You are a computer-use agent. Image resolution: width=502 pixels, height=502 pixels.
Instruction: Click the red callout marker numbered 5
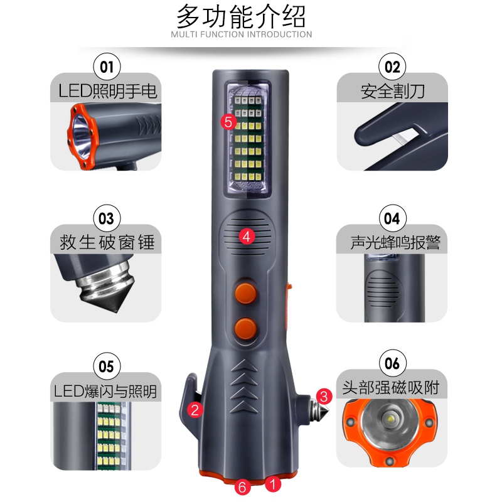click(228, 122)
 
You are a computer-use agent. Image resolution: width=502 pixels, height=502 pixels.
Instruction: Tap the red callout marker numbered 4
click(247, 237)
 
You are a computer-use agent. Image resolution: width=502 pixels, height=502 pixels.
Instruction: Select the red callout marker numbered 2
click(195, 410)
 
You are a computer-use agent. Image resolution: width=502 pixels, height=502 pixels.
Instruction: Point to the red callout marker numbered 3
click(324, 397)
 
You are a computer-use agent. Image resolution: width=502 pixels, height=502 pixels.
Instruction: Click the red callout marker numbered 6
click(242, 487)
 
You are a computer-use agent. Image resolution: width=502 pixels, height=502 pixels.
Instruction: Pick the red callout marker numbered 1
click(273, 484)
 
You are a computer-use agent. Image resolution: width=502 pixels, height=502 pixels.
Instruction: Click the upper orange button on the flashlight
click(246, 293)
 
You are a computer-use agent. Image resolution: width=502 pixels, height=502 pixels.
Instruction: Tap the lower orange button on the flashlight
click(246, 329)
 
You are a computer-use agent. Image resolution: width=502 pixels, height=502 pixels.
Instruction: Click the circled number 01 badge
click(107, 67)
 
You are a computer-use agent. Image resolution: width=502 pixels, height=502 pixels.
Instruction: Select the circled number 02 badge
click(393, 67)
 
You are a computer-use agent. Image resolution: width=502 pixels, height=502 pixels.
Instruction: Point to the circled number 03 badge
click(107, 218)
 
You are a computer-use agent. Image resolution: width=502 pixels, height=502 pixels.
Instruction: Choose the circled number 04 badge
click(393, 218)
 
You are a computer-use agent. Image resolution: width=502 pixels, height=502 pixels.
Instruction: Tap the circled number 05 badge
click(107, 366)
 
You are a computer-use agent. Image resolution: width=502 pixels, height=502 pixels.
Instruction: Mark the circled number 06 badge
click(393, 363)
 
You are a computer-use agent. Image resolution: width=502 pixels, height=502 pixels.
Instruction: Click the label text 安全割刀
click(393, 92)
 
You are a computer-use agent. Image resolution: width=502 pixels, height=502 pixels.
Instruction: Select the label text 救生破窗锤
click(107, 242)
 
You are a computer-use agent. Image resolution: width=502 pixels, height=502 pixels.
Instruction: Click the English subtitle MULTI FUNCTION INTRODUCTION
click(242, 35)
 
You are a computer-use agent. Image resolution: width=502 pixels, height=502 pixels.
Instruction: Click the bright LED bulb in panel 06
click(390, 419)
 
